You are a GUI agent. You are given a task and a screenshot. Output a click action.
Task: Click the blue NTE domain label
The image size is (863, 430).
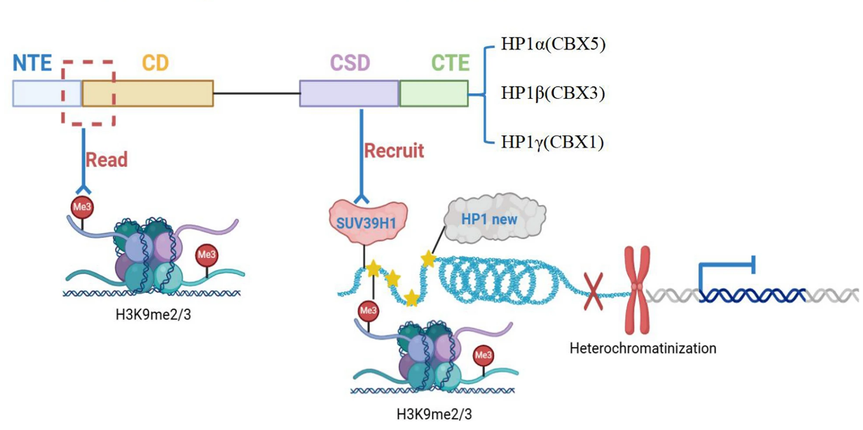click(32, 63)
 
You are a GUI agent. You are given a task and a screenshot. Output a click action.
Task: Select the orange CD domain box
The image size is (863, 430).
click(147, 93)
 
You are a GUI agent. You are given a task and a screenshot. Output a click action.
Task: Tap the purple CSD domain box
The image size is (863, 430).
click(349, 93)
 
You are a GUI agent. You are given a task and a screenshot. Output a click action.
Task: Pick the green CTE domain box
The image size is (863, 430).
click(434, 93)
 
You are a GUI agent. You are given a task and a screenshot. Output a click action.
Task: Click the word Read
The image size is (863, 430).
click(107, 160)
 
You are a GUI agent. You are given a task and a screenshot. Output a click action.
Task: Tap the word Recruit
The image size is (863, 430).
click(393, 150)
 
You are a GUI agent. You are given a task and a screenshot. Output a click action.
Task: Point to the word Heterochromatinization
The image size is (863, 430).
click(642, 348)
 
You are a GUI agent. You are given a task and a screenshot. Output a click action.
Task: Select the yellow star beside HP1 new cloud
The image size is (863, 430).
click(428, 259)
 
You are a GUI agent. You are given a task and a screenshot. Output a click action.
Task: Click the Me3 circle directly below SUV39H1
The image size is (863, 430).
click(368, 311)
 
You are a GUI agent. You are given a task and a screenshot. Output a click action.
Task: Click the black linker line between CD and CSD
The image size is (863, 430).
click(256, 93)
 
